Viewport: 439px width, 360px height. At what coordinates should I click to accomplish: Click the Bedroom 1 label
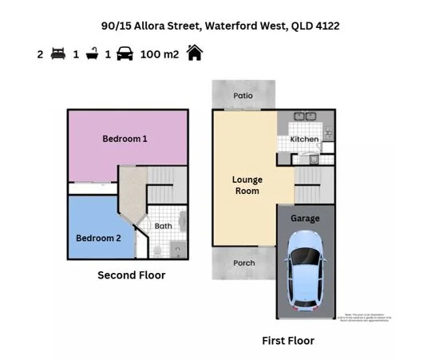tap(125, 139)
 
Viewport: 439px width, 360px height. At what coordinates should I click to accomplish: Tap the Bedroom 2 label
tap(98, 238)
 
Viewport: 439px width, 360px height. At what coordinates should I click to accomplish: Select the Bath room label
tap(163, 226)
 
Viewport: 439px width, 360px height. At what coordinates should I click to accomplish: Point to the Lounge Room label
tap(247, 185)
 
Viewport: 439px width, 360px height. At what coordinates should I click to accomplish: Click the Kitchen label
tap(304, 140)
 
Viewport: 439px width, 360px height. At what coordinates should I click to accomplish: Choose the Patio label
tap(243, 96)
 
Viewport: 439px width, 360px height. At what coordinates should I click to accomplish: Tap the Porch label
tap(243, 263)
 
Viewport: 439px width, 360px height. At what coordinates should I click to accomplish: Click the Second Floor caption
tap(131, 275)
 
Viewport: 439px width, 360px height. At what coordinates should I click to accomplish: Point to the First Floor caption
tap(288, 341)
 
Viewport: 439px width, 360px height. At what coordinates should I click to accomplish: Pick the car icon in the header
tap(125, 54)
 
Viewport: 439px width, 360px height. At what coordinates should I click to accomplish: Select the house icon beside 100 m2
tap(194, 53)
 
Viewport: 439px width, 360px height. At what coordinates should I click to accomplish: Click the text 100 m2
tap(160, 54)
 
